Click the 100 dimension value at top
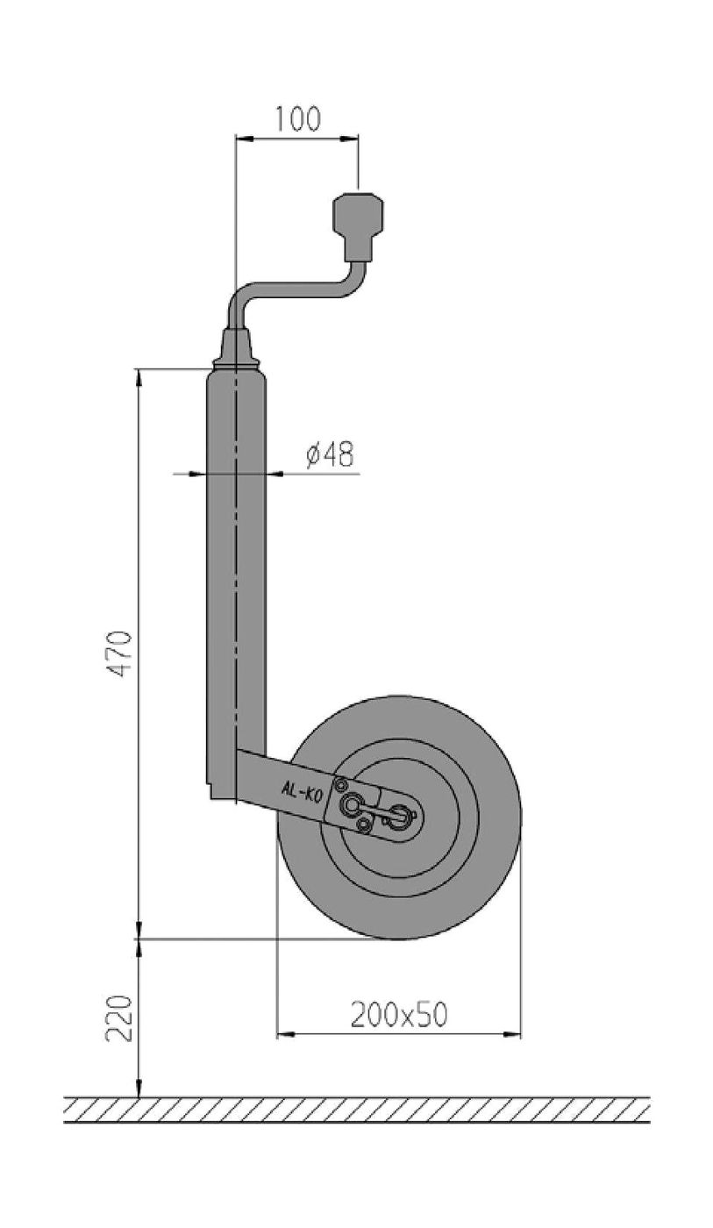click(x=296, y=119)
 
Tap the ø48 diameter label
click(x=331, y=454)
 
